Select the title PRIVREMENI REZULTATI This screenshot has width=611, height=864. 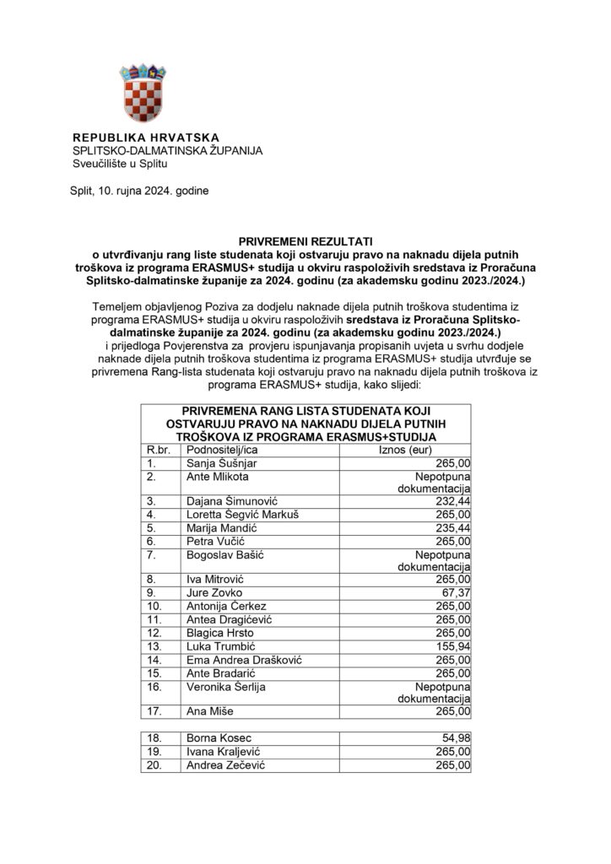(305, 240)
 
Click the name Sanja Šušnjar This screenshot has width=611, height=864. (222, 463)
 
